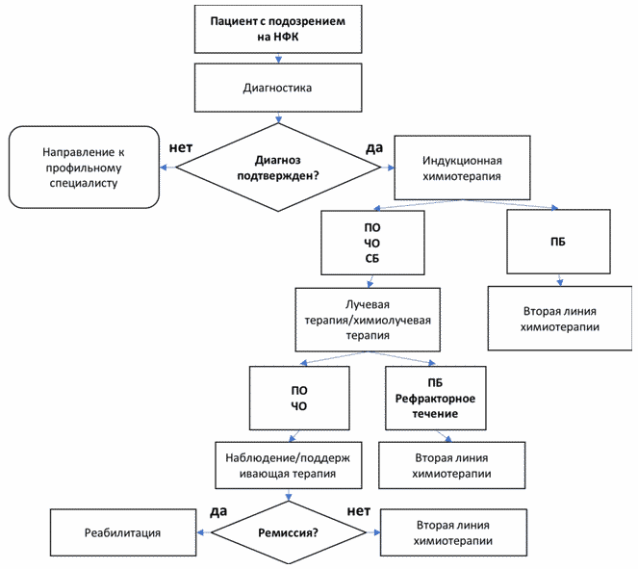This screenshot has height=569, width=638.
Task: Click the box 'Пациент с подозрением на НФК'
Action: coord(278,29)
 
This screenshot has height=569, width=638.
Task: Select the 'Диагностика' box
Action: coord(278,88)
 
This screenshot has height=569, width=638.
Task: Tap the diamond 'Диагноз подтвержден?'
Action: coord(278,168)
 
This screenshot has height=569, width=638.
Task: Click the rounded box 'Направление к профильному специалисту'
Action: coord(84,168)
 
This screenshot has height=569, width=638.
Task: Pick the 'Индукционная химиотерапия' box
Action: coord(462,168)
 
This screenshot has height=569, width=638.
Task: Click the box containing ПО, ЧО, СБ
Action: coord(372,243)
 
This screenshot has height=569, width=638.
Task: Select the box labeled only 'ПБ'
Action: coord(558,242)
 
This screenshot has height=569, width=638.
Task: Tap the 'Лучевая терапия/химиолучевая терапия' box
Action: coord(368,320)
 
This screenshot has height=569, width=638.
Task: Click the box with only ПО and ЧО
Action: coord(299,398)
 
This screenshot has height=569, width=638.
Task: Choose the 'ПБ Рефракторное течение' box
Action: coord(436,398)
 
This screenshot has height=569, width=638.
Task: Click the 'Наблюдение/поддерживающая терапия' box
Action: coord(289,465)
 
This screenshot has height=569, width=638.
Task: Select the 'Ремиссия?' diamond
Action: coord(289,532)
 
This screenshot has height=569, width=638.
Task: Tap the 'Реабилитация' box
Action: coord(123,532)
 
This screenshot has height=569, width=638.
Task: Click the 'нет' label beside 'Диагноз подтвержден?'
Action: coord(181,147)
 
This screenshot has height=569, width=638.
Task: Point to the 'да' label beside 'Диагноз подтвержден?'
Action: coord(374,148)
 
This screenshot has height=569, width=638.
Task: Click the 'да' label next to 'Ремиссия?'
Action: coord(218,511)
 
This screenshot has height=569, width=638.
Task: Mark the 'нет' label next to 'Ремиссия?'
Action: coord(359,511)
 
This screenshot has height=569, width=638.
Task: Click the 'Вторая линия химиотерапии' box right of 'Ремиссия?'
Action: coord(453,532)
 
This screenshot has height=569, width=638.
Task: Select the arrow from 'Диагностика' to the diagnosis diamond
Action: coord(278,117)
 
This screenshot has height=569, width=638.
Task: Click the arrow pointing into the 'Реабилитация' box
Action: coord(204,532)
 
